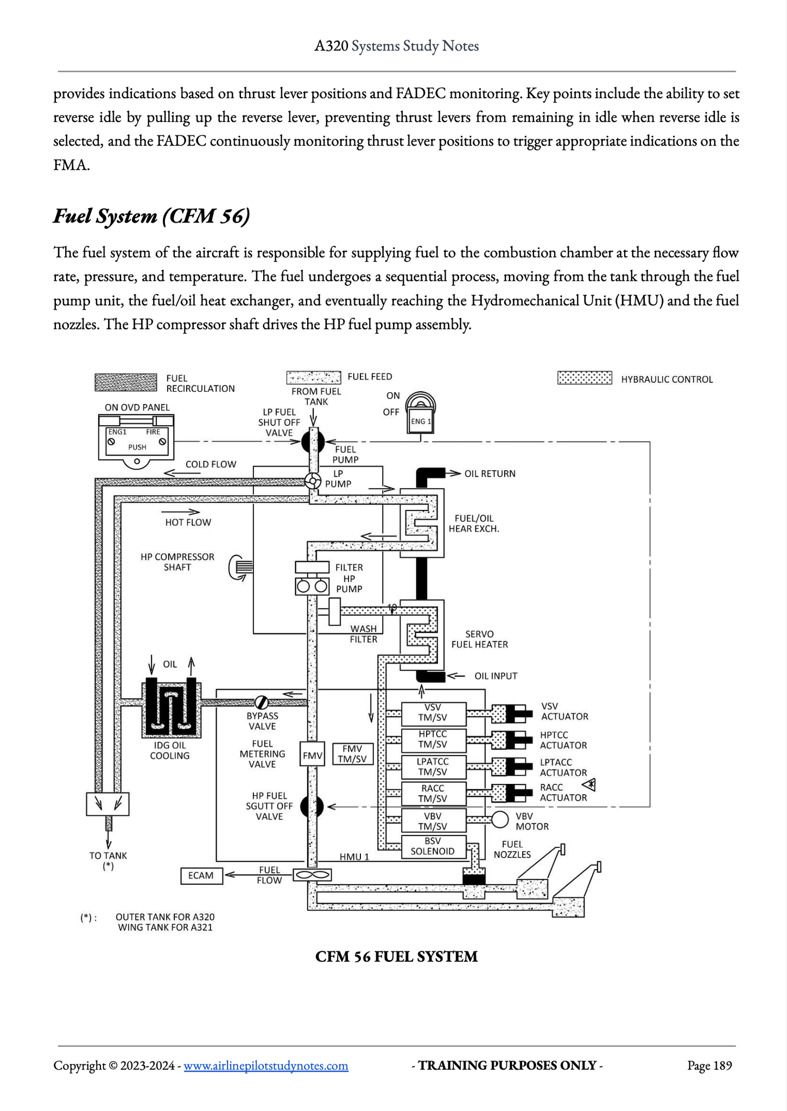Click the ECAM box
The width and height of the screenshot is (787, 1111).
[201, 876]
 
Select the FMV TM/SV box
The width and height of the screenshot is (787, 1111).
[353, 754]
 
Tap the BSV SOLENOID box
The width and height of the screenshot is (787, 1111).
[434, 846]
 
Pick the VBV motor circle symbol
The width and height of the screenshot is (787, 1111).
[500, 819]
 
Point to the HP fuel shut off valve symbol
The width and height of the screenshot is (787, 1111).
[312, 807]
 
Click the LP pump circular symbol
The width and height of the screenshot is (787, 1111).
[312, 481]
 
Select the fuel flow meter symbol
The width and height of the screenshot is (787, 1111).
[312, 875]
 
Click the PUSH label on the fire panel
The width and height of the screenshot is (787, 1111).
[137, 447]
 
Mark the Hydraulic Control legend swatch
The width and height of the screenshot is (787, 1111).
[585, 378]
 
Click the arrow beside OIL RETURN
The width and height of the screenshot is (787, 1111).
[452, 473]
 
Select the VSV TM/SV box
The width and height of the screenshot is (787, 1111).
[434, 714]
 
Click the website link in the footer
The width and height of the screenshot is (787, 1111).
[266, 1065]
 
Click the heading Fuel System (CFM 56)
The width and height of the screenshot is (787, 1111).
[152, 216]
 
